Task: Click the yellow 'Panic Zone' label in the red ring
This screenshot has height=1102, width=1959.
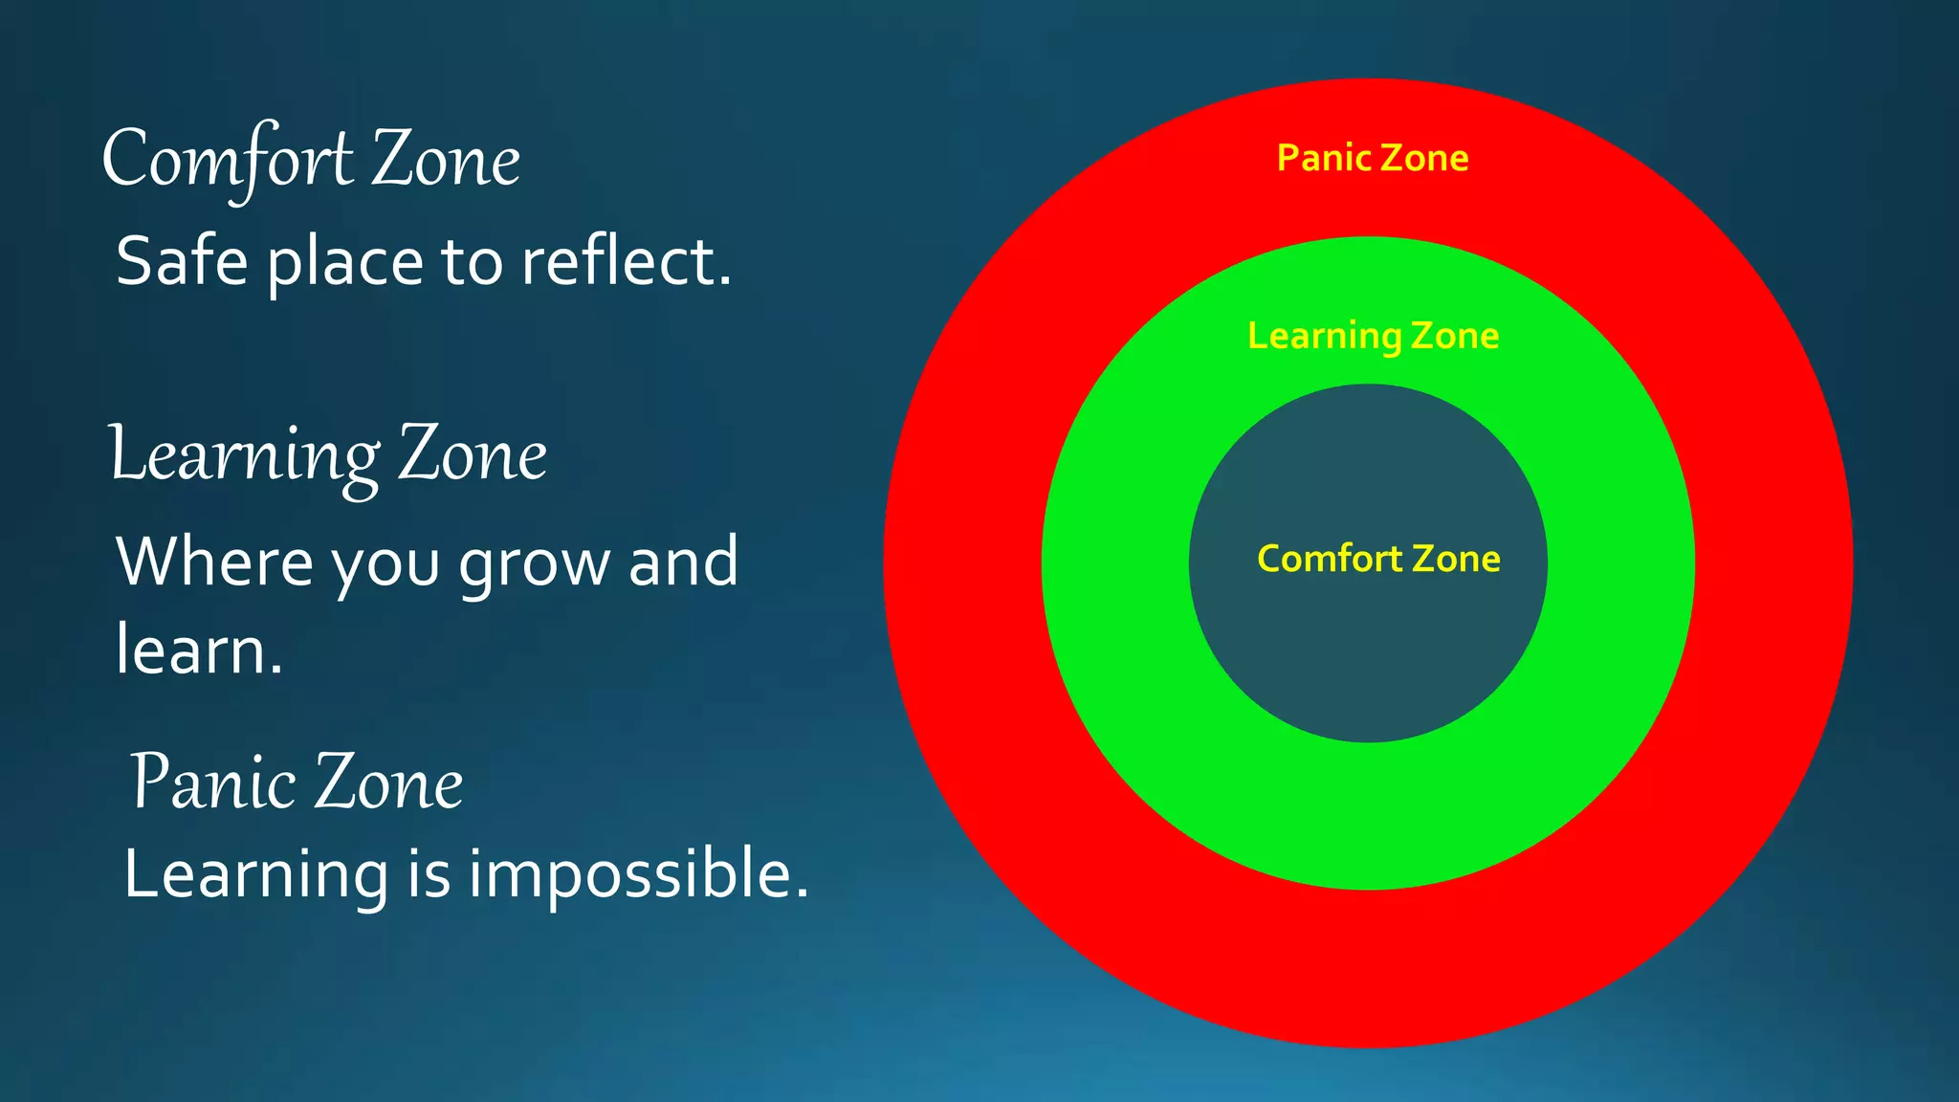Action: [x=1372, y=158]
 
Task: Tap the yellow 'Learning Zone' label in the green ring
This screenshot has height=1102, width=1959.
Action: [x=1373, y=336]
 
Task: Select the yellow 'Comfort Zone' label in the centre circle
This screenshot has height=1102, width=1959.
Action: [x=1377, y=559]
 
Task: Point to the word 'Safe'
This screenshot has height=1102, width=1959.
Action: [x=182, y=261]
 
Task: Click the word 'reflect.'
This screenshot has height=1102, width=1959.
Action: [x=627, y=261]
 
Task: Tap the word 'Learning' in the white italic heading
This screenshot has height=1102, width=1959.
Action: [x=245, y=456]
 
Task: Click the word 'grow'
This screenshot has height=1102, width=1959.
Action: [x=534, y=564]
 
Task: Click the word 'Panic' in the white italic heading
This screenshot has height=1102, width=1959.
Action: [x=212, y=782]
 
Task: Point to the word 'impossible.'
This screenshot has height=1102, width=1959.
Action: [x=638, y=875]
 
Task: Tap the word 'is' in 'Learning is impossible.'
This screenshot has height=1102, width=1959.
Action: [x=429, y=875]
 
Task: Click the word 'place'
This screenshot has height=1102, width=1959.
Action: [x=344, y=263]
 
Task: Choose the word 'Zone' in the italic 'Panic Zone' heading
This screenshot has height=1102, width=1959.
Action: [x=389, y=782]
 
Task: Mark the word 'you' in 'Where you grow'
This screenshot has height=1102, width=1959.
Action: [x=385, y=566]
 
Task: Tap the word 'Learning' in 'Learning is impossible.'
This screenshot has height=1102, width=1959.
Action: [x=256, y=875]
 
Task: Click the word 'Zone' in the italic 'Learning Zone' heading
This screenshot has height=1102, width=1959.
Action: [x=473, y=456]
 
